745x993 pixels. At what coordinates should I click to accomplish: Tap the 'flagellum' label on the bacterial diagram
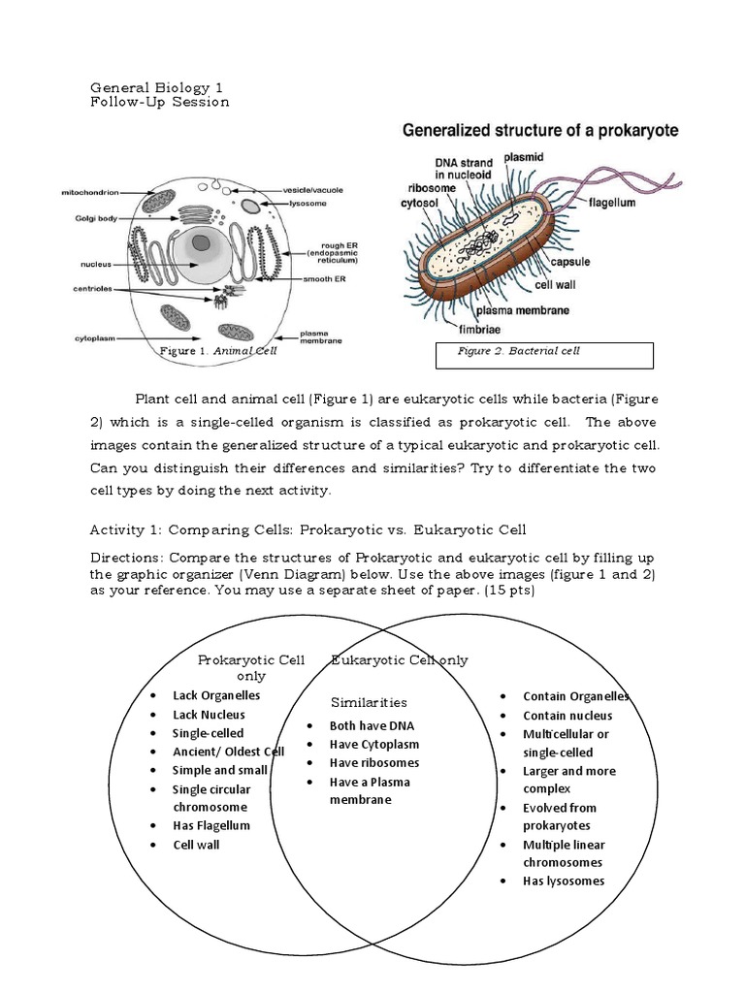point(613,204)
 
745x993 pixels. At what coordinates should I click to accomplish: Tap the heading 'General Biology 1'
point(162,87)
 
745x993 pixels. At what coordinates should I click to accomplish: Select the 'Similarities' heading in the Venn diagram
point(369,702)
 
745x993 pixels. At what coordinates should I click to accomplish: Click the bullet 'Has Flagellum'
point(211,825)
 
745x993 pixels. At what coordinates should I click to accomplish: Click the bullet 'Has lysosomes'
point(563,881)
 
